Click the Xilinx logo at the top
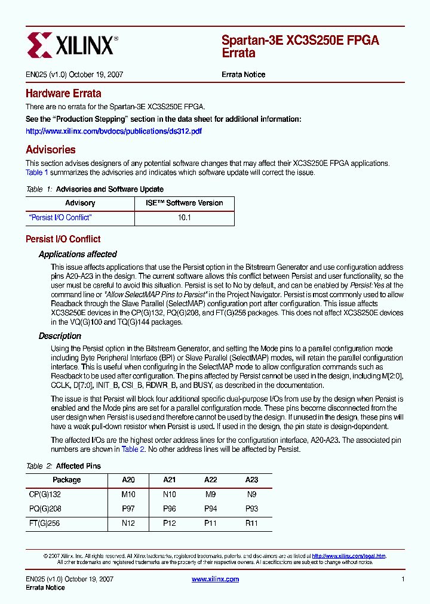(x=73, y=45)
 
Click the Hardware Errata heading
(x=63, y=94)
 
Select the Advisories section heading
(x=51, y=150)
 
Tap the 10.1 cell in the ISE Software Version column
(x=185, y=218)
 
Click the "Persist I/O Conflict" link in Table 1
(x=60, y=218)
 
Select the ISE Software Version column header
(x=185, y=203)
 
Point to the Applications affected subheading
(x=78, y=254)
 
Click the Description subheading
(x=60, y=336)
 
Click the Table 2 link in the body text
(x=133, y=449)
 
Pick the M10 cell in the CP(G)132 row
(x=128, y=494)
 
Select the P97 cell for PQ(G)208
(x=128, y=509)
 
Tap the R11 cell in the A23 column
(x=251, y=523)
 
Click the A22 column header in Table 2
(x=211, y=480)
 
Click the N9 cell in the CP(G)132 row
(x=251, y=494)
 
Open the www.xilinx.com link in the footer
(x=215, y=579)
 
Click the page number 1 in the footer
(x=403, y=579)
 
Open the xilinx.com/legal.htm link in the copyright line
(x=349, y=556)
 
